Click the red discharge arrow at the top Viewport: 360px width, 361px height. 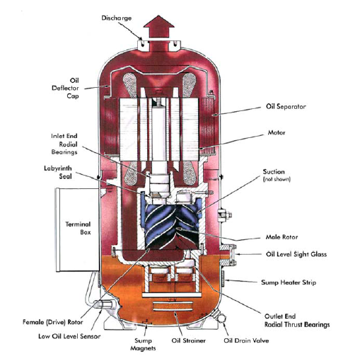coord(158,27)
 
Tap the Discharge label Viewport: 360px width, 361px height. coord(117,18)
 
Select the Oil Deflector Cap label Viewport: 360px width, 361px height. coord(65,88)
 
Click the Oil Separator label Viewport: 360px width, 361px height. coord(286,106)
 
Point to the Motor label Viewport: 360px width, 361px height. coord(277,132)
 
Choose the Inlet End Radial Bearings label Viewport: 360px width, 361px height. coord(64,144)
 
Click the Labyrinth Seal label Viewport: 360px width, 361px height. coord(58,172)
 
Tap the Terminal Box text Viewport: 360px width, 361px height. coord(78,228)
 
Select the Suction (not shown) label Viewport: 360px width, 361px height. coord(277,175)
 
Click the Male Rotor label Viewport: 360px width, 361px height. coord(281,237)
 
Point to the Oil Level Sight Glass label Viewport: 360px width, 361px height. coord(296,254)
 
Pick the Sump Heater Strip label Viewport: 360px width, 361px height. coord(289,282)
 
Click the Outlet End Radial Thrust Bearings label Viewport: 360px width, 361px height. coord(297,321)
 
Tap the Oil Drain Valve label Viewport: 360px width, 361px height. coord(246,340)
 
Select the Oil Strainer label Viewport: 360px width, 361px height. coord(188,340)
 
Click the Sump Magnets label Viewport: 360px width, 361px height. coord(143,344)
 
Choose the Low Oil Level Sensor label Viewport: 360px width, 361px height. coord(69,336)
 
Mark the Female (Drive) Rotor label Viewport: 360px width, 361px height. coord(52,322)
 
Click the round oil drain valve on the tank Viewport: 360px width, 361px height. coord(221,319)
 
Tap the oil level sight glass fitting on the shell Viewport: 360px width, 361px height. coord(228,255)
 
